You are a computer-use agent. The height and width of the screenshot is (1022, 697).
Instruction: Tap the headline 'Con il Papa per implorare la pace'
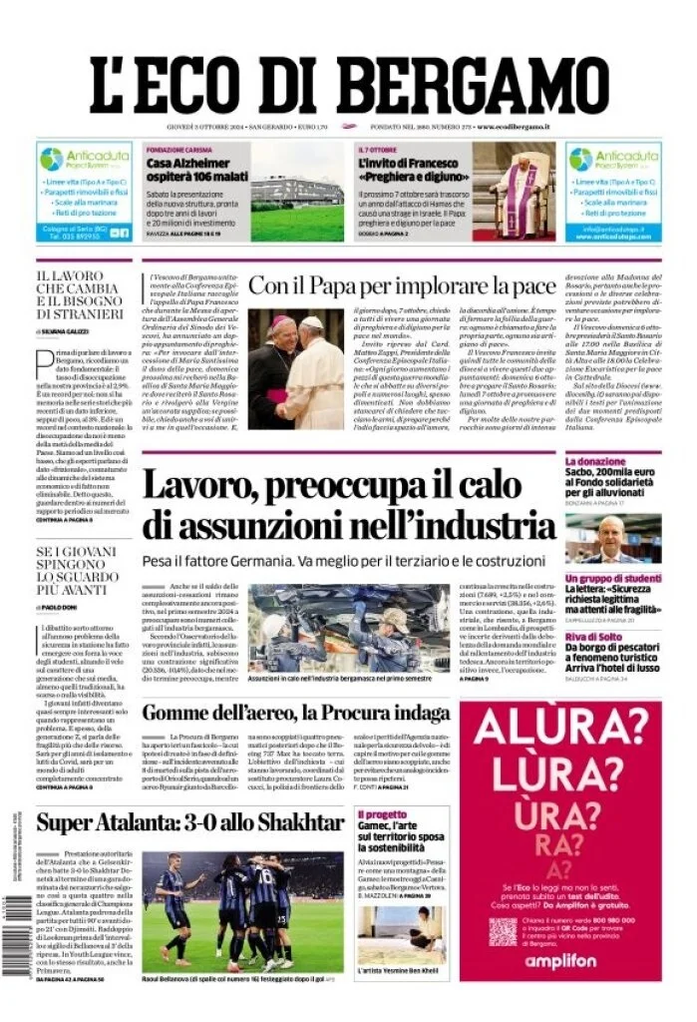click(402, 286)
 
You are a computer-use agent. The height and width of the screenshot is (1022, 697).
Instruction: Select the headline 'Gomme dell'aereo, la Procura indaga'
click(295, 713)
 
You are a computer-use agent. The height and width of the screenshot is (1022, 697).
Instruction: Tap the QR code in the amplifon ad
click(503, 931)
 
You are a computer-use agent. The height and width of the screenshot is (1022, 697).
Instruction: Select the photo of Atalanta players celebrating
click(242, 911)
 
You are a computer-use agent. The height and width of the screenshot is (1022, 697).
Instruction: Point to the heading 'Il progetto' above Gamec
click(383, 814)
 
